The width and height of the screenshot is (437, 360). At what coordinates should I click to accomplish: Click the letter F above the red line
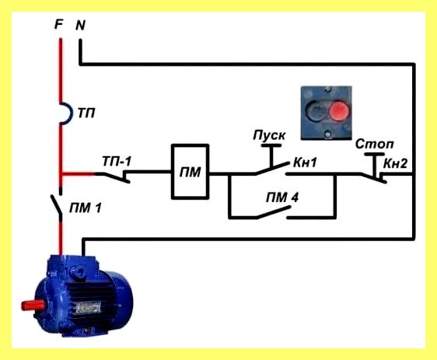point(58,25)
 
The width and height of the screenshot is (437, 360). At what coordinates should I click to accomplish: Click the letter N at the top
point(80,26)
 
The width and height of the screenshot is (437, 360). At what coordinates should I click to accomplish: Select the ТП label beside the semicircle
point(86,113)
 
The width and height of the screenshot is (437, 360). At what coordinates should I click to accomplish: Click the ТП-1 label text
point(117,161)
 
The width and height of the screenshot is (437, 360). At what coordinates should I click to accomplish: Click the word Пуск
point(269,135)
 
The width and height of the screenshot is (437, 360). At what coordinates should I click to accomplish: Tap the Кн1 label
point(305,163)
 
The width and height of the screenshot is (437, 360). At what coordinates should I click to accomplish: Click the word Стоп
point(374,144)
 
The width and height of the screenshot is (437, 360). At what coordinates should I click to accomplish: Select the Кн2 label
point(395,164)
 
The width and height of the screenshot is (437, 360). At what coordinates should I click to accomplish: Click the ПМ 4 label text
point(282,197)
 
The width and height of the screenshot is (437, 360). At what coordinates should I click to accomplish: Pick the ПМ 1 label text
point(86,208)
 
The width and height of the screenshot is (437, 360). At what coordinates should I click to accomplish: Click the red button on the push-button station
point(339,110)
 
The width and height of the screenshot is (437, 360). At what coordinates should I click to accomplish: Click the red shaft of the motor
point(33,306)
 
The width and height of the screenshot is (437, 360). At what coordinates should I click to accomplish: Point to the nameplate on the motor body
point(89,309)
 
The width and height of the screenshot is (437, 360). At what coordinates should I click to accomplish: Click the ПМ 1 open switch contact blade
point(56,204)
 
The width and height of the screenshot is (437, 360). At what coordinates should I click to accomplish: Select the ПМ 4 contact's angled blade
point(274,212)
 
